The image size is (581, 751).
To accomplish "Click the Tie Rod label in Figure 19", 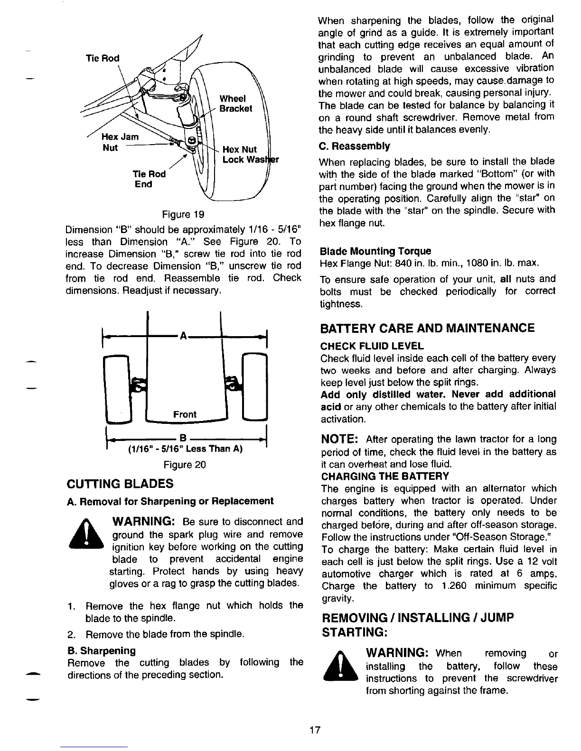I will pyautogui.click(x=103, y=58).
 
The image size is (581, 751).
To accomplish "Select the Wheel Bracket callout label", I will pyautogui.click(x=235, y=103).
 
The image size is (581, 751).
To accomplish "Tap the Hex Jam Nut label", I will pyautogui.click(x=121, y=142).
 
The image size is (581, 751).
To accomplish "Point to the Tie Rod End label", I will pyautogui.click(x=149, y=179).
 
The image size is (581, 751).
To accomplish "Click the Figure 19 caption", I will pyautogui.click(x=183, y=214).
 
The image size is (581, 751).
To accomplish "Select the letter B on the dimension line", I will pyautogui.click(x=181, y=437).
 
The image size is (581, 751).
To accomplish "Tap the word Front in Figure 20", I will pyautogui.click(x=185, y=414).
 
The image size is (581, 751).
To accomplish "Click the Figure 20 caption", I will pyautogui.click(x=184, y=465).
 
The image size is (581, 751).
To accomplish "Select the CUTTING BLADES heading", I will pyautogui.click(x=121, y=484).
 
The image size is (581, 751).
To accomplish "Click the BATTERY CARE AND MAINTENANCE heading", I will pyautogui.click(x=427, y=328).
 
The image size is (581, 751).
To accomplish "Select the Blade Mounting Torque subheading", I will pyautogui.click(x=375, y=251).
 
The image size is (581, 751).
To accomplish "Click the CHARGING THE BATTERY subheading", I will pyautogui.click(x=385, y=476).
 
